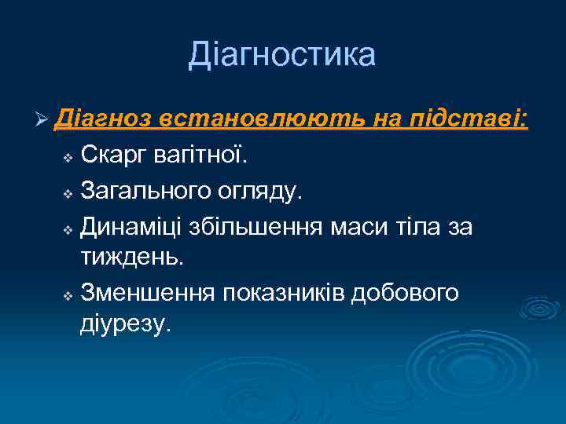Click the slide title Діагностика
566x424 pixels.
point(282,55)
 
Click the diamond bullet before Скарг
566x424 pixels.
point(68,159)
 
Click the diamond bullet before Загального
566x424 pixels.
point(68,192)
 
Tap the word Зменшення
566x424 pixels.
point(148,291)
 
